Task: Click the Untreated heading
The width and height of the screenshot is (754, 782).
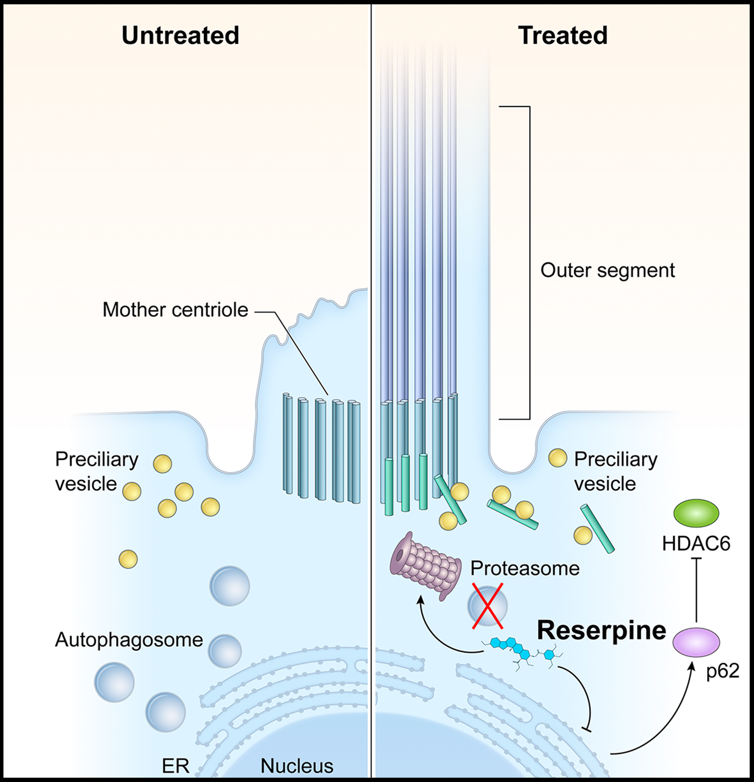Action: point(180,35)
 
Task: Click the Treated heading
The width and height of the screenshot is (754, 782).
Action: point(562,35)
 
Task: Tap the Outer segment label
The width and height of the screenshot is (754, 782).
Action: point(608,270)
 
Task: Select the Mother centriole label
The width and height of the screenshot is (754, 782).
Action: point(175,310)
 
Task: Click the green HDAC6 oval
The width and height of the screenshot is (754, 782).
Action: point(696,513)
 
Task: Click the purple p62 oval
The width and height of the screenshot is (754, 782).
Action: point(696,642)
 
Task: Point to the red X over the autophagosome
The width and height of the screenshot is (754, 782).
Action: point(487,606)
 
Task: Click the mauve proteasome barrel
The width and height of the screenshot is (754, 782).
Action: point(426,566)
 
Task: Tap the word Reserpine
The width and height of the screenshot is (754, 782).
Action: point(601,630)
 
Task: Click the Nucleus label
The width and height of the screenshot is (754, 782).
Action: point(297,766)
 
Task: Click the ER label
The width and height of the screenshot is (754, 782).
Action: point(175,766)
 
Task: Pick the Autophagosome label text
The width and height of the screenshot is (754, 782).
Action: point(129,640)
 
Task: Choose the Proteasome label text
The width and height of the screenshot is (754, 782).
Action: point(525,568)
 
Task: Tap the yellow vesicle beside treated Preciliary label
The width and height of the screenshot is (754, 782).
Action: point(557,458)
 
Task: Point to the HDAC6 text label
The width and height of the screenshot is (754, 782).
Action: point(696,544)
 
